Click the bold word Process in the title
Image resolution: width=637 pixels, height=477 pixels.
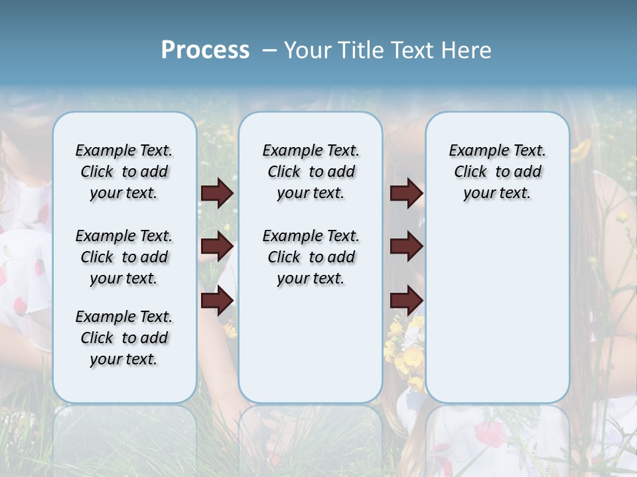point(205,50)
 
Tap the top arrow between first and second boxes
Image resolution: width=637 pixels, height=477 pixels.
point(217,193)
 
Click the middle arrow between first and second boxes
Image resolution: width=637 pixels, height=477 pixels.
point(217,246)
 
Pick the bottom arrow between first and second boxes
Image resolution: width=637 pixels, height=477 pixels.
point(217,300)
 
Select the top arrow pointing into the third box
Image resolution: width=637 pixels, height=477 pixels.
point(406,193)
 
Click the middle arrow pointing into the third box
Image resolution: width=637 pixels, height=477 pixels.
point(406,246)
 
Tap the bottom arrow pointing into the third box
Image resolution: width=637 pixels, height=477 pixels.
point(406,300)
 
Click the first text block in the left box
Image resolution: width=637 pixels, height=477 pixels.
point(124,172)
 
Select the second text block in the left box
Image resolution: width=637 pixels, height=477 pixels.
point(124,257)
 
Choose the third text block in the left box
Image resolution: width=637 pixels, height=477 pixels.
point(124,338)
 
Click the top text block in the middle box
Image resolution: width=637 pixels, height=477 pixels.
point(311,172)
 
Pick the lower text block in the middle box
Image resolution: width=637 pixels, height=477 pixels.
point(311,257)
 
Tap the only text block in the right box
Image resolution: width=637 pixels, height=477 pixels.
point(498,172)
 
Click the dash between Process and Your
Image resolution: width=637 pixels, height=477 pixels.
point(269,50)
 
